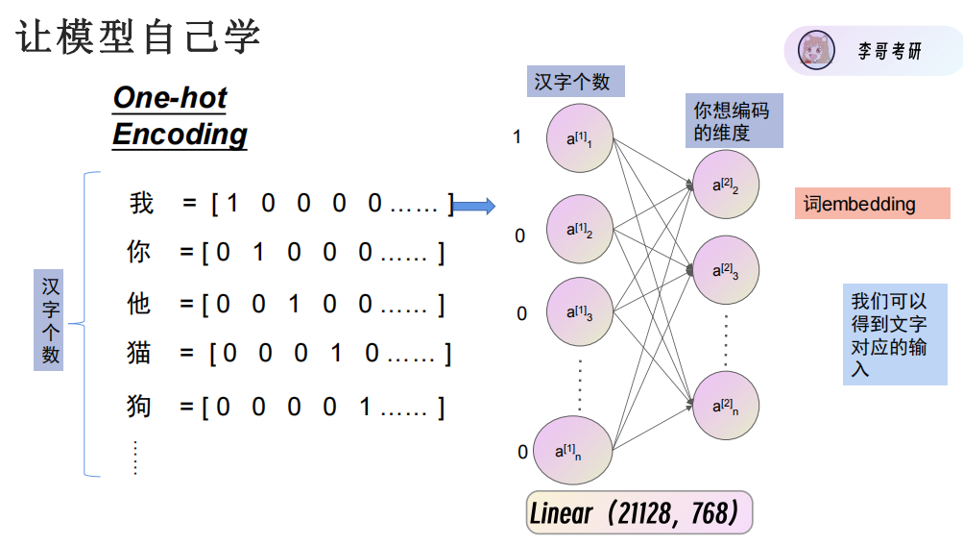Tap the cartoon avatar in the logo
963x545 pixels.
point(816,51)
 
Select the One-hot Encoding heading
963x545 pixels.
point(180,115)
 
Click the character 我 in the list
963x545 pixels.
point(141,204)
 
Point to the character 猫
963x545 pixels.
point(139,353)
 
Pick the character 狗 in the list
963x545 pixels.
point(139,407)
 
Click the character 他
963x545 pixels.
point(139,304)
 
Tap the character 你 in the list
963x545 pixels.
point(139,253)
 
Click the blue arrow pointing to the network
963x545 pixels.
point(472,206)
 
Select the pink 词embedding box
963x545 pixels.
point(872,204)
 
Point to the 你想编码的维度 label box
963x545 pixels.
point(734,121)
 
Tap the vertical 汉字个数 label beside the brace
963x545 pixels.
point(51,321)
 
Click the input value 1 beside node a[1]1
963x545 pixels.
point(518,137)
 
